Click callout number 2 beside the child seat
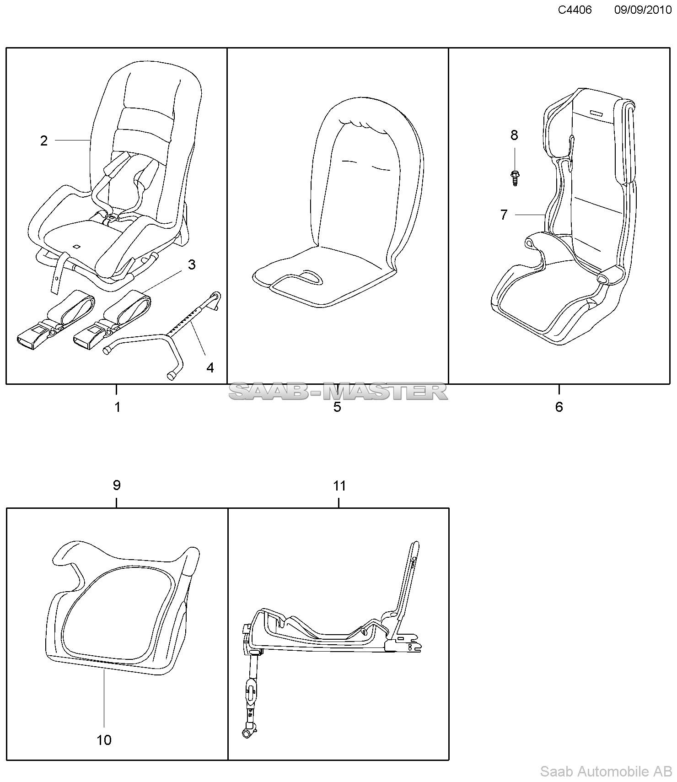(x=44, y=141)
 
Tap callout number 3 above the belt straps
(x=192, y=265)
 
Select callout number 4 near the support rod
(x=210, y=367)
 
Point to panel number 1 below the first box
(x=118, y=407)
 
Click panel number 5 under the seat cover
(x=337, y=407)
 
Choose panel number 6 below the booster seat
(x=559, y=407)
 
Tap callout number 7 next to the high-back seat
(x=504, y=215)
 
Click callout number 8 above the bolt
(x=514, y=135)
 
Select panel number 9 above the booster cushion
(x=117, y=485)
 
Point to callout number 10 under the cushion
(x=104, y=740)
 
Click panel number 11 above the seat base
(x=339, y=485)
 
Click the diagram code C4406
(x=575, y=10)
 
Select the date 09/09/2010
(x=642, y=10)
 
